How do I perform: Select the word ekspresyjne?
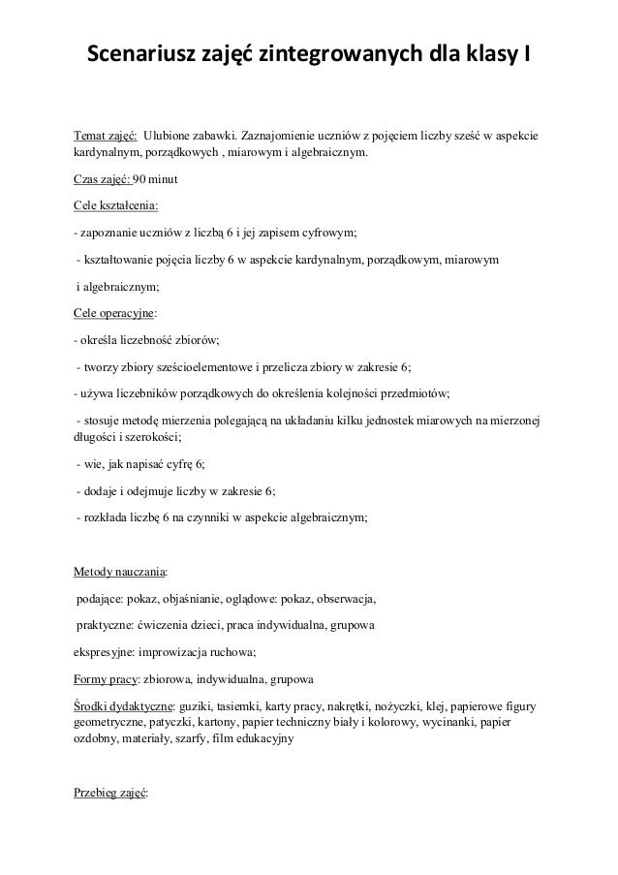point(105,650)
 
